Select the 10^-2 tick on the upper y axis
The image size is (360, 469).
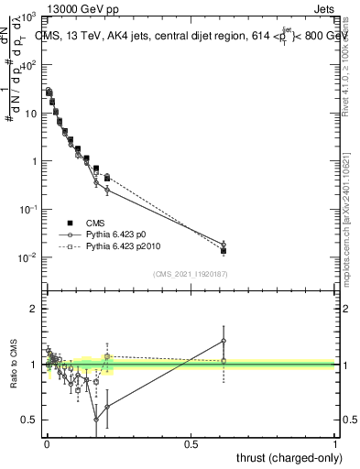point(31,257)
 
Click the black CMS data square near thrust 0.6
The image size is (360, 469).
point(224,250)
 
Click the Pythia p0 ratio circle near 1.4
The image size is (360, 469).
point(224,341)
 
